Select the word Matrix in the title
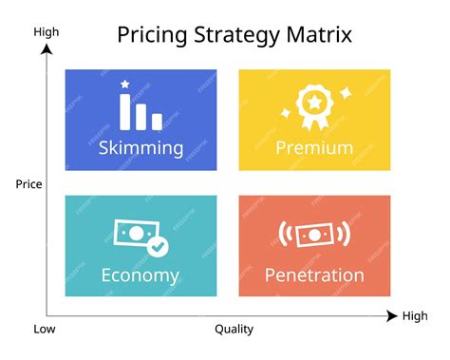(x=319, y=35)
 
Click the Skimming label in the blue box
(x=141, y=147)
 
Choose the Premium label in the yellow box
(x=314, y=147)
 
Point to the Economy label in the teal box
(x=141, y=275)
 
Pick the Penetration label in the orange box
(x=314, y=275)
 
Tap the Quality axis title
(x=234, y=330)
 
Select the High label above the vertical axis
(x=47, y=31)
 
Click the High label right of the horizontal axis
(x=415, y=316)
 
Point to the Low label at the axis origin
(x=46, y=330)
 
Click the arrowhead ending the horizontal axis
(x=392, y=316)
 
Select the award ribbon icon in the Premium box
(x=314, y=105)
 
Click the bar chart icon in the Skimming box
(x=141, y=111)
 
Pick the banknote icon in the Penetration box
(x=314, y=234)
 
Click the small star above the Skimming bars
(x=125, y=85)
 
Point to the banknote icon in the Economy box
(x=134, y=234)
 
